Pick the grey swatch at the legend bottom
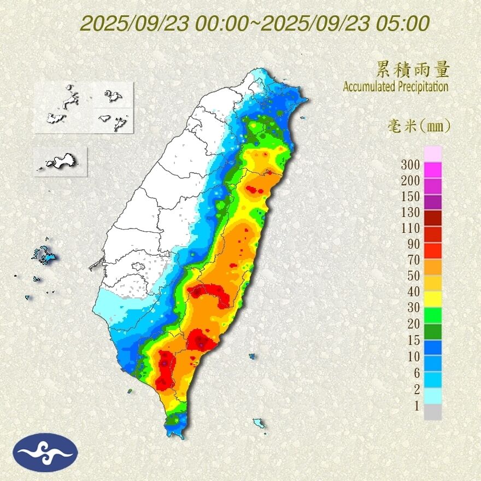click(432, 412)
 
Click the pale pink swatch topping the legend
click(432, 154)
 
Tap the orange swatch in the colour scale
click(432, 266)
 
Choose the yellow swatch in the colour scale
click(432, 298)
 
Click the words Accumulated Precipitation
click(396, 86)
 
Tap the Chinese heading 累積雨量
click(413, 69)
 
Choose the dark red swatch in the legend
click(432, 218)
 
